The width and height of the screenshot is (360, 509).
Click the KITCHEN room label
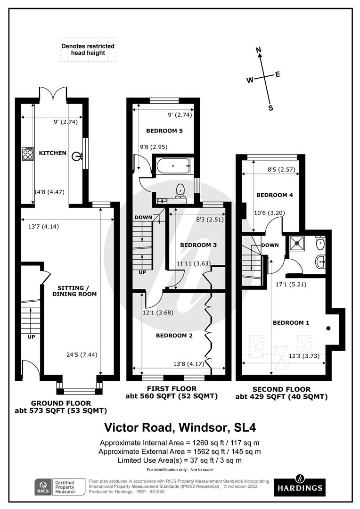[52, 153]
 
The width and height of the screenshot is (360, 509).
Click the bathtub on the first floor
[174, 165]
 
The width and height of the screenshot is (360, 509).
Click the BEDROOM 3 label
[198, 245]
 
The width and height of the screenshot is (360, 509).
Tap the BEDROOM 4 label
[271, 195]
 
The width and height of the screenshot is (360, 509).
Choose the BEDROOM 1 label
[291, 323]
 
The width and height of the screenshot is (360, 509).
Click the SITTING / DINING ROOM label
[77, 291]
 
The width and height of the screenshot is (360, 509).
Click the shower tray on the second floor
[298, 243]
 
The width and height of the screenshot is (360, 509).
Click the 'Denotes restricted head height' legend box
[88, 50]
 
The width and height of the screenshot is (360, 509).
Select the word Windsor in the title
[199, 428]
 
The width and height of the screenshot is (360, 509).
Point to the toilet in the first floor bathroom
[180, 190]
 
